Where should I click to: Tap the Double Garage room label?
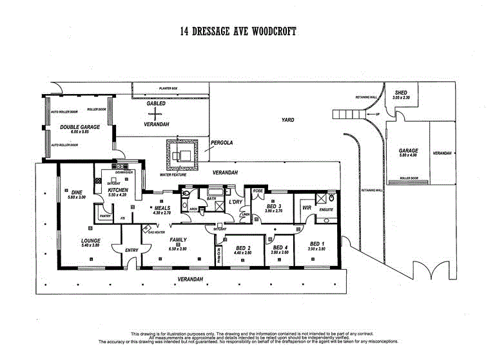pos(80,128)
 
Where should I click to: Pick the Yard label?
pos(288,120)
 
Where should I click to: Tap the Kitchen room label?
pos(119,191)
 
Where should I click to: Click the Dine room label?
pos(77,192)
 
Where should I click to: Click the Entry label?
pos(131,251)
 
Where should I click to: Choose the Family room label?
pos(177,240)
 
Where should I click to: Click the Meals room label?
pos(161,209)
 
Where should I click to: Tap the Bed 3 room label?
pos(274,206)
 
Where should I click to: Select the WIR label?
pos(307,208)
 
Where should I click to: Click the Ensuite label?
pos(326,209)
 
